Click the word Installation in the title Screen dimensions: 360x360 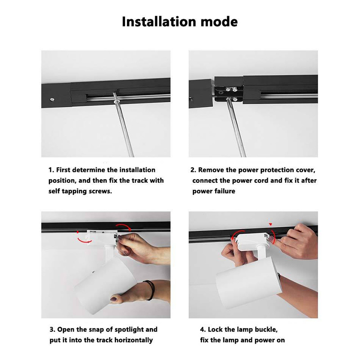(159, 22)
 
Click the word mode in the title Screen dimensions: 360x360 (219, 22)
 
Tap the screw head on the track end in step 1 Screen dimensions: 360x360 (52, 99)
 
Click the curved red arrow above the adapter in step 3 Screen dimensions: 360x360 (123, 226)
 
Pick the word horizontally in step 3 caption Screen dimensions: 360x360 (134, 340)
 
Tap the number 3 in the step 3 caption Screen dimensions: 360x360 (52, 330)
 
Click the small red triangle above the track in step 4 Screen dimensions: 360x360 (270, 224)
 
